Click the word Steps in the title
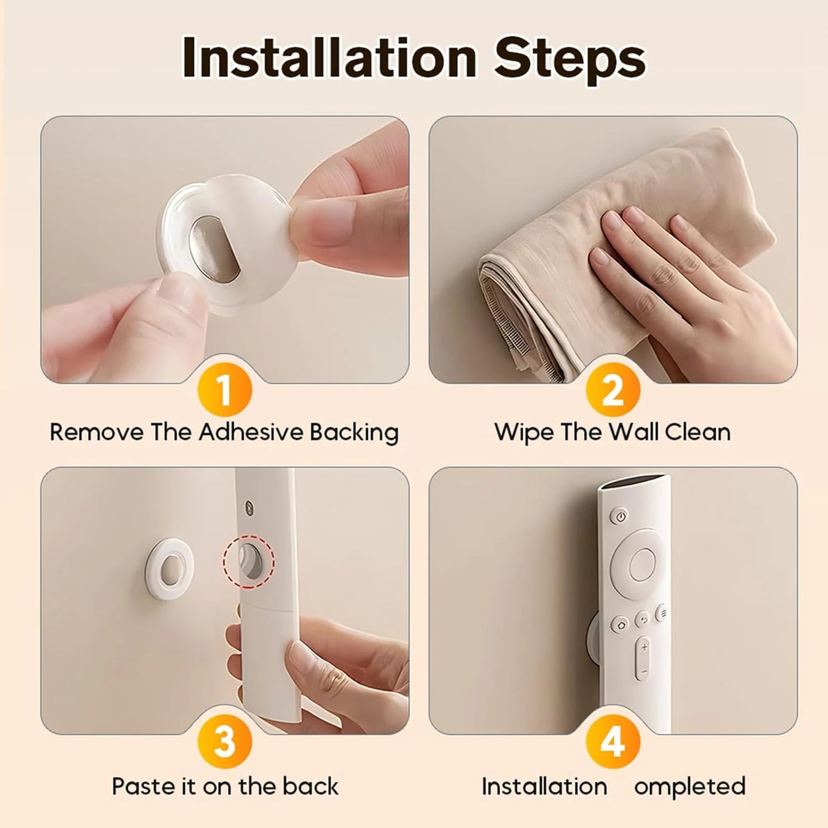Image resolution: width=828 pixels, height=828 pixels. [x=570, y=58]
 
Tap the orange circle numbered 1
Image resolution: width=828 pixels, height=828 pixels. [x=225, y=391]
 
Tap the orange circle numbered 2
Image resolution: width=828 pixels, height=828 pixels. [x=613, y=391]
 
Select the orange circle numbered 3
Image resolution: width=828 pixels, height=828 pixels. [x=225, y=742]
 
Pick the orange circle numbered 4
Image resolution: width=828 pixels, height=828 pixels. [x=613, y=742]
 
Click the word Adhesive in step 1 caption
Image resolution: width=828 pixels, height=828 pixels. [x=251, y=432]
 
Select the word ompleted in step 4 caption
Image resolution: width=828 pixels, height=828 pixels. [x=689, y=786]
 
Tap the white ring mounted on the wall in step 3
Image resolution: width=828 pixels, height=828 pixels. [x=170, y=565]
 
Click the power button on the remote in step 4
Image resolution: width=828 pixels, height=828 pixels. [x=621, y=516]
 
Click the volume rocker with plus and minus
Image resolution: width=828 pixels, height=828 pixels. [x=645, y=658]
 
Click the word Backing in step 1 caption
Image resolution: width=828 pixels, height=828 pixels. [x=354, y=432]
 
